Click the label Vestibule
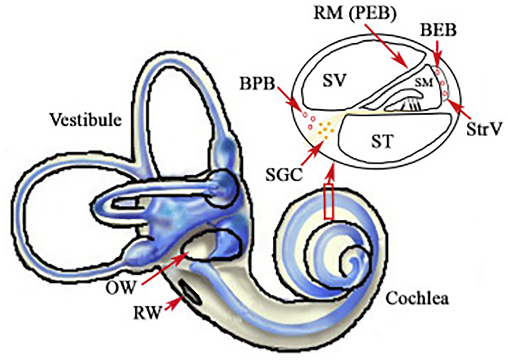coord(85,120)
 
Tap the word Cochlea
coord(418,299)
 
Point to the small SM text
coord(422,83)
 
